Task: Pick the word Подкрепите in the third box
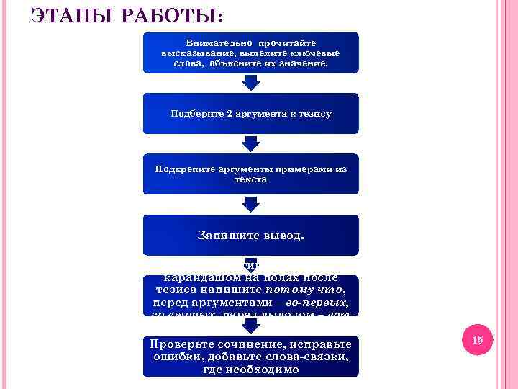point(184,169)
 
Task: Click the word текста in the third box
point(250,179)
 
